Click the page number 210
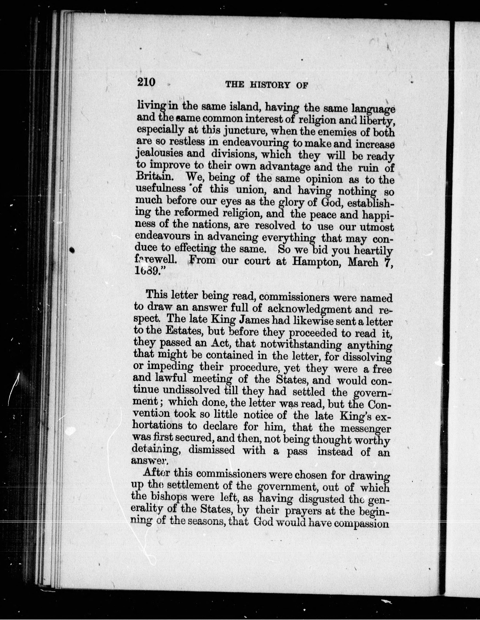(x=146, y=82)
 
